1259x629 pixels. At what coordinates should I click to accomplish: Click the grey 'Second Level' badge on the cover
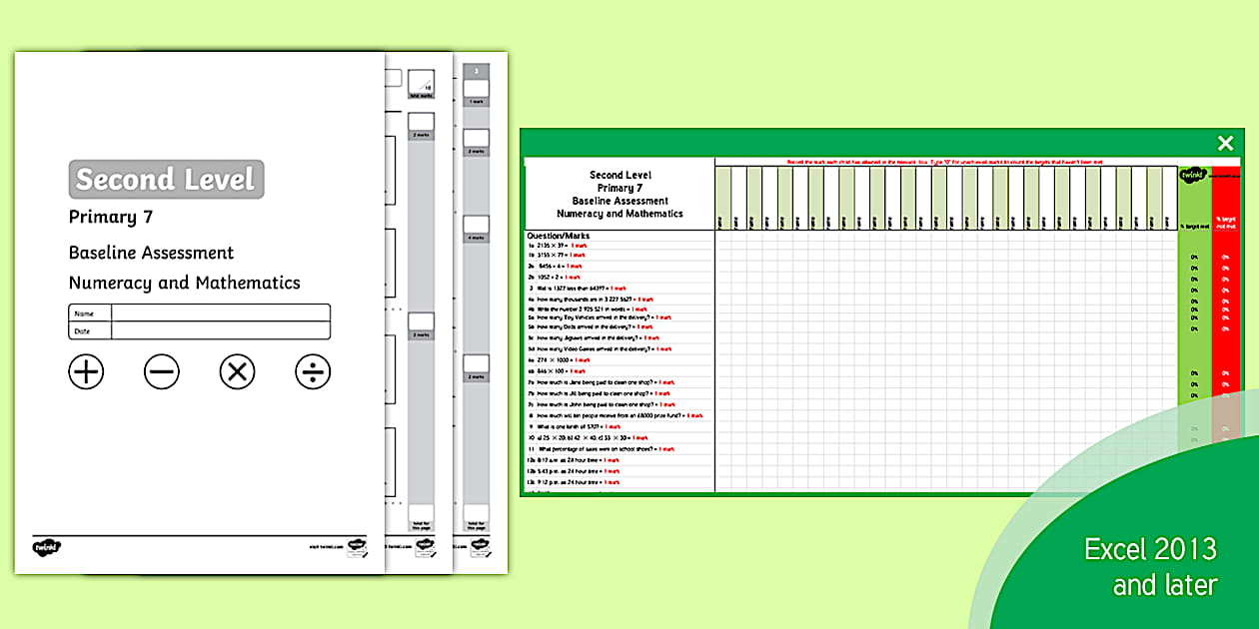pyautogui.click(x=166, y=180)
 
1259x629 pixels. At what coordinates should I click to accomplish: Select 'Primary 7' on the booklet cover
pyautogui.click(x=111, y=217)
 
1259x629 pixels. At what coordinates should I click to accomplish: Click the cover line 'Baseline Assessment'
pyautogui.click(x=151, y=253)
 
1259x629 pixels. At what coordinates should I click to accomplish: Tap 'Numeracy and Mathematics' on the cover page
pyautogui.click(x=184, y=283)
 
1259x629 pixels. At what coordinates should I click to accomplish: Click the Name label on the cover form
pyautogui.click(x=84, y=314)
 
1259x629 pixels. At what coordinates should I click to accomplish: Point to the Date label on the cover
pyautogui.click(x=84, y=330)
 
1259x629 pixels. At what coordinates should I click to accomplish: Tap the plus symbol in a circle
pyautogui.click(x=86, y=372)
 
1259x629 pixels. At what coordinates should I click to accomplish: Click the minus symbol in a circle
pyautogui.click(x=162, y=372)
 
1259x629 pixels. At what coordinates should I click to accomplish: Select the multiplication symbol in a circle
pyautogui.click(x=237, y=372)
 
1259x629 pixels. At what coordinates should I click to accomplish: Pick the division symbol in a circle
pyautogui.click(x=313, y=372)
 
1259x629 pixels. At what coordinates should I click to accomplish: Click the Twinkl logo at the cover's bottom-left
pyautogui.click(x=47, y=546)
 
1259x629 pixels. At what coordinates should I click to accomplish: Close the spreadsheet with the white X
pyautogui.click(x=1225, y=144)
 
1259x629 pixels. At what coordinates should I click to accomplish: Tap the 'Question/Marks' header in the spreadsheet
pyautogui.click(x=559, y=236)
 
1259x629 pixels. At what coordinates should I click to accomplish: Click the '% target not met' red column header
pyautogui.click(x=1225, y=223)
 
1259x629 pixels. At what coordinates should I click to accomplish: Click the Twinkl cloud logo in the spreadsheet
pyautogui.click(x=1192, y=176)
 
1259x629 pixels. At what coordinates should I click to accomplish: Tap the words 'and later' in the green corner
pyautogui.click(x=1165, y=585)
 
